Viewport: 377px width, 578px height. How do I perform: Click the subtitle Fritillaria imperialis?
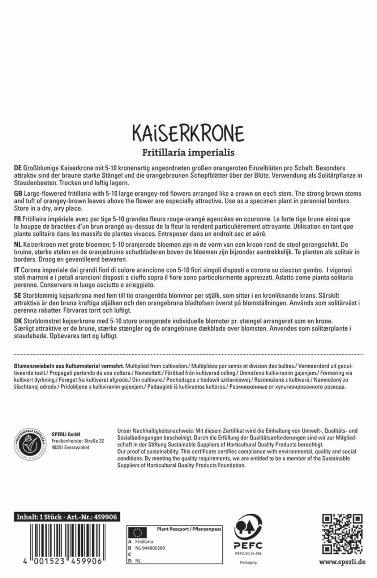tap(188, 153)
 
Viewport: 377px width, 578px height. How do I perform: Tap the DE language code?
tap(17, 168)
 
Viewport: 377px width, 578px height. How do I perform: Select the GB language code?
tap(18, 194)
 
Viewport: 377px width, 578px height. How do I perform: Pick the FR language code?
tap(17, 219)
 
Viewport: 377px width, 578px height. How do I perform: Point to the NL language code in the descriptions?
tap(17, 245)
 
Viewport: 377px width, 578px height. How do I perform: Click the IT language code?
tap(17, 270)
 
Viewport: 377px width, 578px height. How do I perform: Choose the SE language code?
tap(17, 296)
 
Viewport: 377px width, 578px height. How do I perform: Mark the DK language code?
tap(17, 321)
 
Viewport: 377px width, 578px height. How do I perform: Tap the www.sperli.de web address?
tap(342, 562)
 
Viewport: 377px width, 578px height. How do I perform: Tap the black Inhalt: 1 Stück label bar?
tap(67, 517)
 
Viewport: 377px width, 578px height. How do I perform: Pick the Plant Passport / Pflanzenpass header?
tap(189, 529)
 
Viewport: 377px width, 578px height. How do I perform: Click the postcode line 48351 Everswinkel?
tap(70, 448)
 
